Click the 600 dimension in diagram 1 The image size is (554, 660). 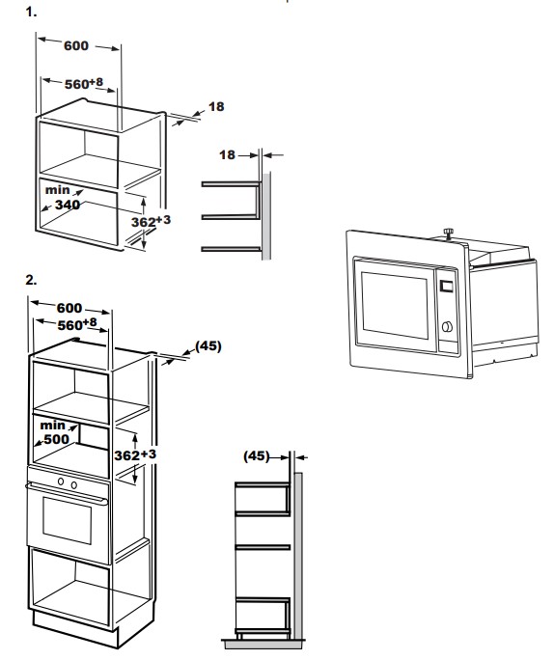click(76, 45)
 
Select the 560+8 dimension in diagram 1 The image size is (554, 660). click(84, 83)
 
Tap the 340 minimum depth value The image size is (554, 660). click(68, 205)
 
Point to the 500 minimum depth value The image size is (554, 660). click(56, 439)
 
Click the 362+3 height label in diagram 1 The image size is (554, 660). click(151, 221)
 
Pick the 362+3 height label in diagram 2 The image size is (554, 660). click(135, 454)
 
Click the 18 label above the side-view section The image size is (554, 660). click(228, 155)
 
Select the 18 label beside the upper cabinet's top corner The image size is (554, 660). click(216, 106)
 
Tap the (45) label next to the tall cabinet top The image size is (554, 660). click(208, 346)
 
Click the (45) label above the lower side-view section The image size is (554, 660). click(257, 455)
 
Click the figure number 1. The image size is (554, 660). click(31, 12)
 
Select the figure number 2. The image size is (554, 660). click(31, 280)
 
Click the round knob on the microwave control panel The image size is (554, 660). click(447, 326)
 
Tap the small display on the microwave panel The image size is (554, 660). click(446, 287)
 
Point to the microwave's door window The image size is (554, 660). click(395, 305)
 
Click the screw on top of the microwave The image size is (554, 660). click(449, 233)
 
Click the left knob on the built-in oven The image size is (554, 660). click(61, 481)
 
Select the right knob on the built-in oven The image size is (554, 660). click(74, 485)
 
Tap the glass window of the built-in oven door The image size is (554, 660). click(67, 520)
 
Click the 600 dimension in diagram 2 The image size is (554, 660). click(69, 308)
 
